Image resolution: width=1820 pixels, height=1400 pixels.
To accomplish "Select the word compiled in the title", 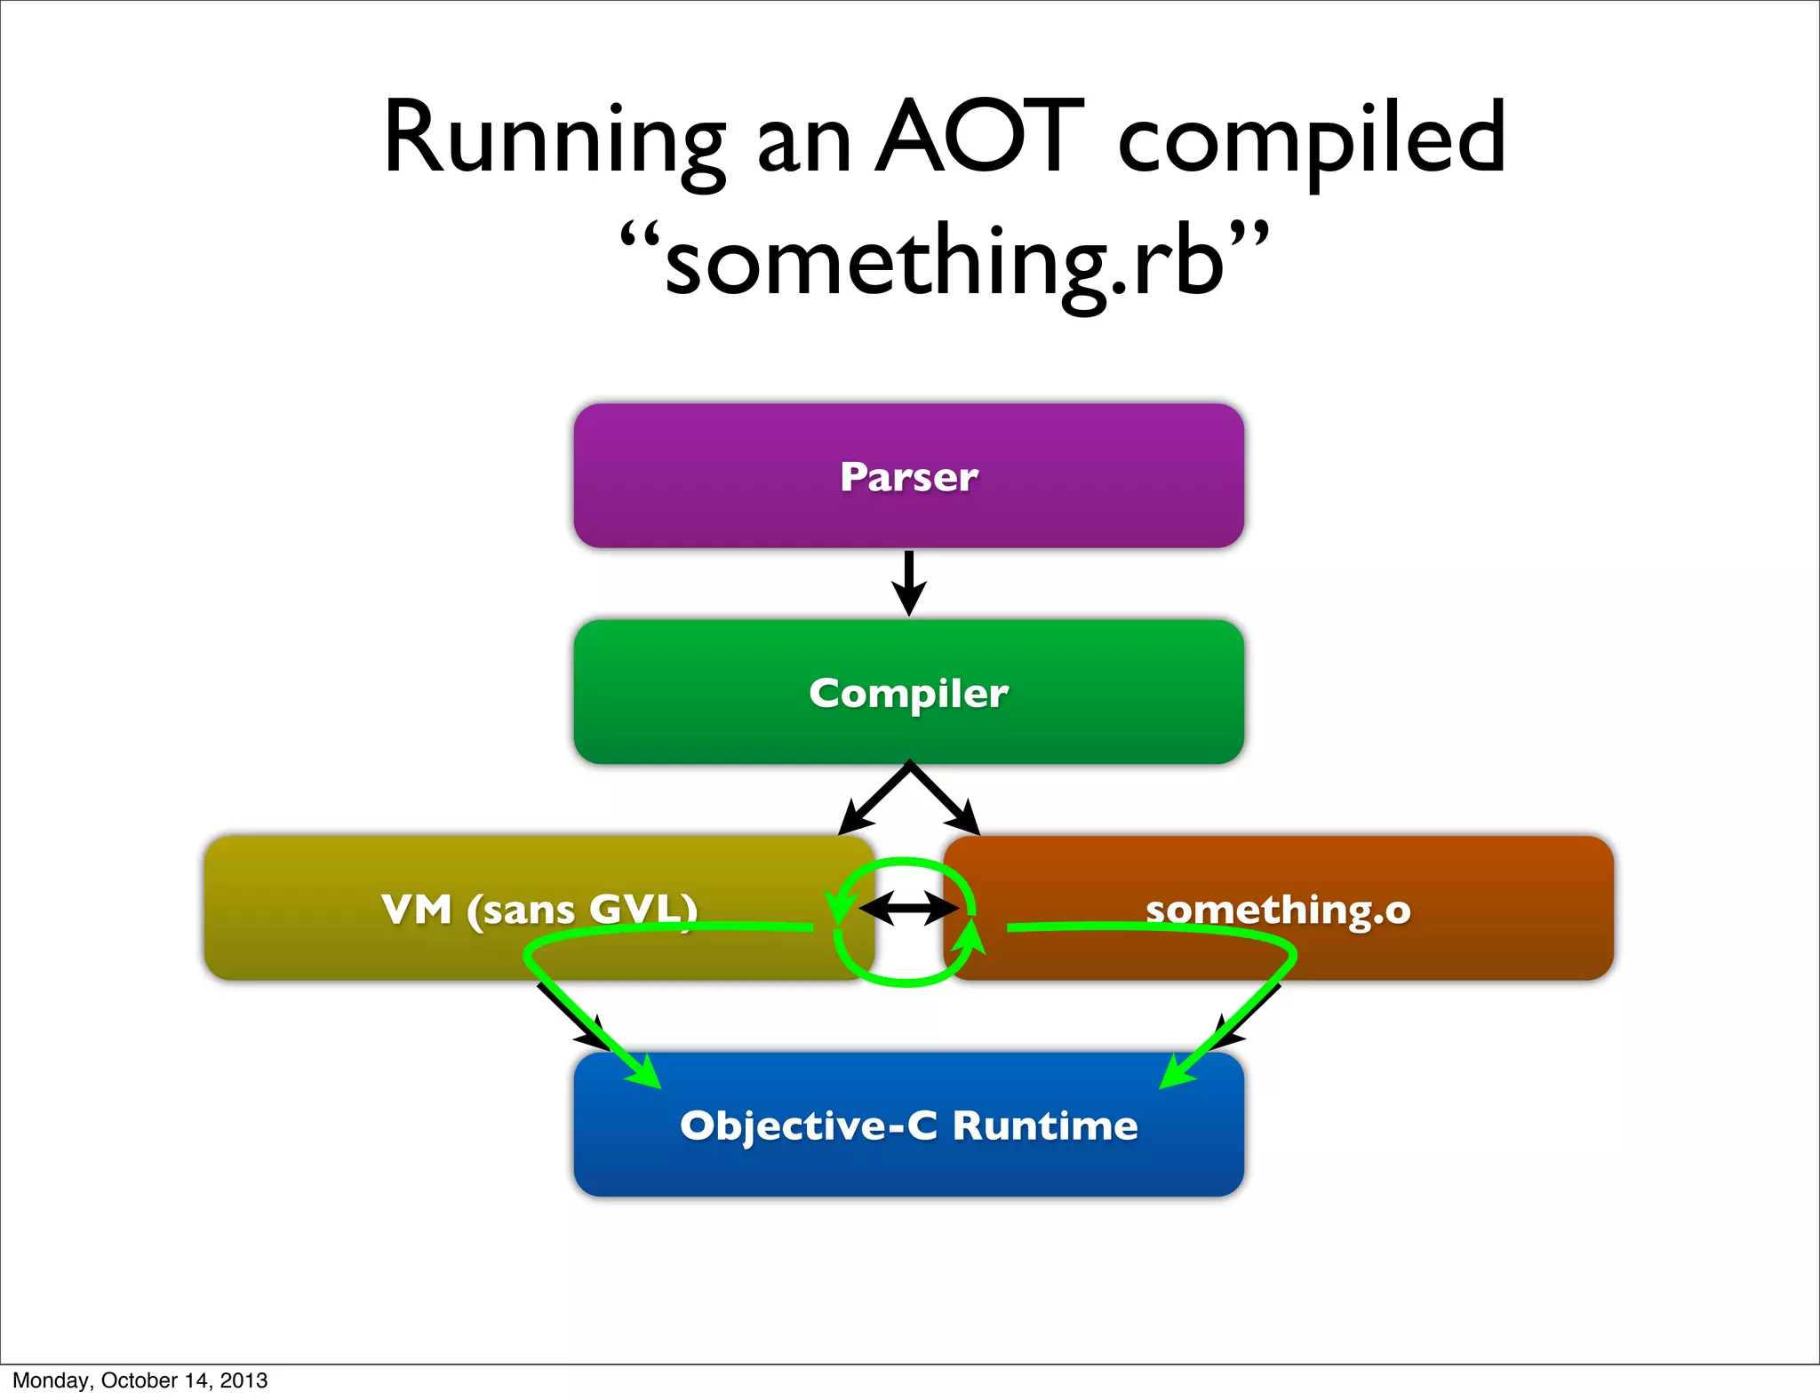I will click(1311, 139).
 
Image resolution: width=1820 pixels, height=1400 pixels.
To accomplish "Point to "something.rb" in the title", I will click(944, 262).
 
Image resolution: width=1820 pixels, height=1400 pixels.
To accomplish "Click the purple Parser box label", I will click(909, 477).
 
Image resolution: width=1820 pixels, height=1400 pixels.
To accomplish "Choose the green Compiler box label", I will click(909, 693).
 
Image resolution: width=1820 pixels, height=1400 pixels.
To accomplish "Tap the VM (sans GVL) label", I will click(539, 909).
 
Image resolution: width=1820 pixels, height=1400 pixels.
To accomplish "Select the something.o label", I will click(1278, 910).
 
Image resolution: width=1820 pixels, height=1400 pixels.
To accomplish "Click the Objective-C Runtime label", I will click(909, 1126).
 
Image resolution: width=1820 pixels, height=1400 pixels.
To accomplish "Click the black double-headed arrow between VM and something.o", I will click(909, 909).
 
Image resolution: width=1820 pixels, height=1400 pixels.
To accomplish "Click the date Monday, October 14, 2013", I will click(140, 1380).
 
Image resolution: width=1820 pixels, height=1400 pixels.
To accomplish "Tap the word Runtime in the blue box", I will click(1045, 1126).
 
